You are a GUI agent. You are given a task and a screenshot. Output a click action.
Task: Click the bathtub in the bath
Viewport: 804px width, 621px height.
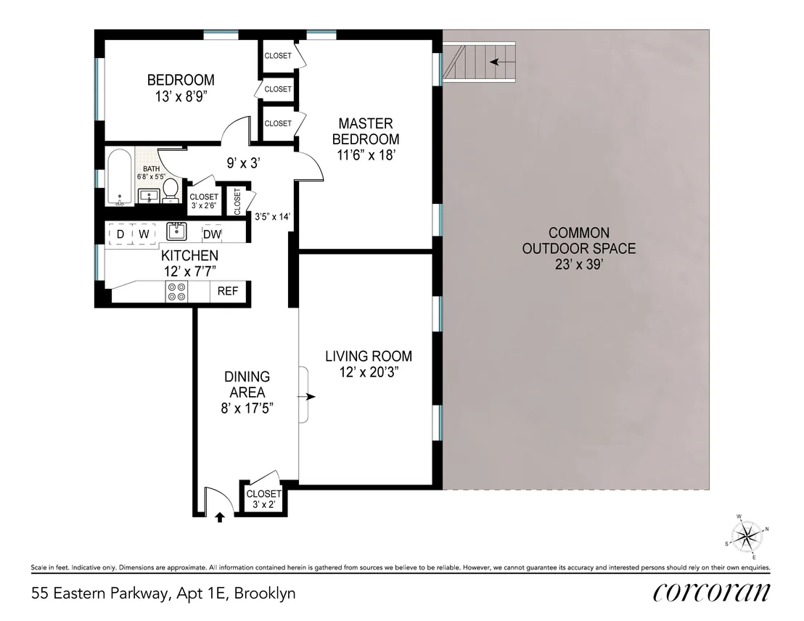[x=120, y=178]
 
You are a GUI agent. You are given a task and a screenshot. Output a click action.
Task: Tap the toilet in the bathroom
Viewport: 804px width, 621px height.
[x=171, y=191]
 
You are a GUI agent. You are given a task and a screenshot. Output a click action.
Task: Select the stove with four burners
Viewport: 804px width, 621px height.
[x=176, y=292]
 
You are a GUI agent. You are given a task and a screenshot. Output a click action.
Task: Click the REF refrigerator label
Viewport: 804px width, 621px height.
[x=228, y=291]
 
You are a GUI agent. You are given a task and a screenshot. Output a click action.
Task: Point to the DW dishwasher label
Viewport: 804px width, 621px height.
[x=212, y=234]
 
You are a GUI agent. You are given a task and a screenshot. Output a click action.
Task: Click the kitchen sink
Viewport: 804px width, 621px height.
[x=176, y=231]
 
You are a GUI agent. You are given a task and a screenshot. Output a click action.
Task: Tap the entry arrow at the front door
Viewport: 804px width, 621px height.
[x=219, y=517]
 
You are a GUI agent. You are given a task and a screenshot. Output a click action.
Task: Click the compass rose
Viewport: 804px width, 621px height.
[x=747, y=536]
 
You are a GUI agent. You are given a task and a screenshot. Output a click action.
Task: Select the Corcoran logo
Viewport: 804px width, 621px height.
[x=711, y=592]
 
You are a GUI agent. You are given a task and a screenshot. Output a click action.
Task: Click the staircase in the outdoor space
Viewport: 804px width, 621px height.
[x=479, y=62]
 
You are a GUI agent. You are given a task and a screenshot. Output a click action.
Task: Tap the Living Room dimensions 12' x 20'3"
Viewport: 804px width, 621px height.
[x=369, y=372]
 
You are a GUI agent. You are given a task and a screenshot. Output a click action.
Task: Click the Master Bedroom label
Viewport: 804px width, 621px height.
[x=366, y=131]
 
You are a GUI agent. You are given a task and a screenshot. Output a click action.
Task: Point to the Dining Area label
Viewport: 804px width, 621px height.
[x=247, y=384]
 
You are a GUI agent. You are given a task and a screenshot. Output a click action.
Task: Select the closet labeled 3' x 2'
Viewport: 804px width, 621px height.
[x=263, y=499]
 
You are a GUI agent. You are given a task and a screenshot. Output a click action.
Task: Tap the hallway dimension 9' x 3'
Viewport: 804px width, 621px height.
[x=244, y=163]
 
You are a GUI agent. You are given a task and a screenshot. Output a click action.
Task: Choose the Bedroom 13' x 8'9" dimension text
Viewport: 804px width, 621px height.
[x=181, y=96]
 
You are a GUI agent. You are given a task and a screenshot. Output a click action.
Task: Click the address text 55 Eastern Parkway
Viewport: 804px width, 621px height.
[x=99, y=593]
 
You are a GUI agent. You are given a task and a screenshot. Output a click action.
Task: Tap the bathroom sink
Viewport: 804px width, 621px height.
[x=149, y=197]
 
